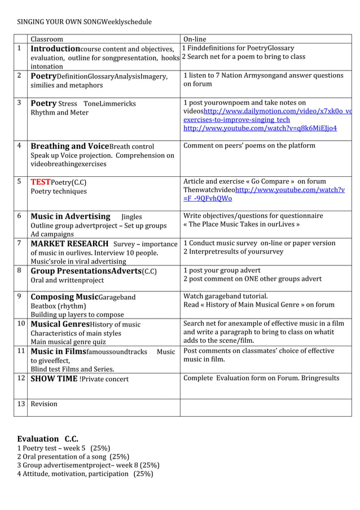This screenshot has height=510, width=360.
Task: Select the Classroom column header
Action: (46, 39)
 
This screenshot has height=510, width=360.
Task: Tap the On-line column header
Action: (195, 39)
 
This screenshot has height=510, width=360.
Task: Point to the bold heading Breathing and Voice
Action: (69, 146)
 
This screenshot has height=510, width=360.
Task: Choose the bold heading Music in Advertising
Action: (70, 216)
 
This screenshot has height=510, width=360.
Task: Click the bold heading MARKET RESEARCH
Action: (69, 243)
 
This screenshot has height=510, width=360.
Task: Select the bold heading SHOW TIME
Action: (54, 378)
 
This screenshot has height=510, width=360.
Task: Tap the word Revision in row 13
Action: (44, 404)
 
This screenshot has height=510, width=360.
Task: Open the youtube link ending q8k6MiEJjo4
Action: (260, 128)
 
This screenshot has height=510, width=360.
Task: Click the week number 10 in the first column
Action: (20, 324)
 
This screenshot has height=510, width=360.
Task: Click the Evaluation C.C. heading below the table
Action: (47, 439)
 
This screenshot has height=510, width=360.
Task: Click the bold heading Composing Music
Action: (64, 297)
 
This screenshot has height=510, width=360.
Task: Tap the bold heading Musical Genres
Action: (62, 324)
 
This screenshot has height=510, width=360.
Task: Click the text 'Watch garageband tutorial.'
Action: (225, 296)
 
